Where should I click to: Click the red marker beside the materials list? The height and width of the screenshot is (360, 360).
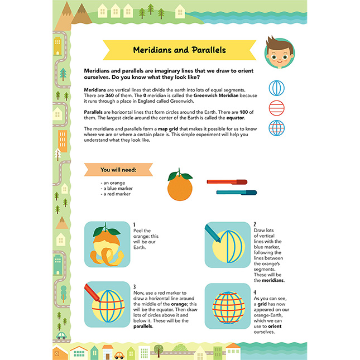227,181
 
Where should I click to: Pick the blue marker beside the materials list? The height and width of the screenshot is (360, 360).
236,193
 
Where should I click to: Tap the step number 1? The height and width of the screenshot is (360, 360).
135,224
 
